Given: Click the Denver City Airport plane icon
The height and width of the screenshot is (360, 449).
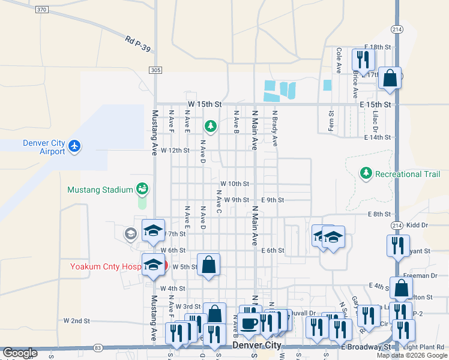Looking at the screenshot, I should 74,146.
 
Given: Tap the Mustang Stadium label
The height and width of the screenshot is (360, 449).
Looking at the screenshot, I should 100,190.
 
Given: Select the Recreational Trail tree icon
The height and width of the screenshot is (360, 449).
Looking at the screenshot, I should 366,173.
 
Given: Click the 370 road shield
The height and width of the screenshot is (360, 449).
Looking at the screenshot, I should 41,10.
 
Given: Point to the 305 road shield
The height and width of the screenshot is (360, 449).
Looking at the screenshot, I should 155,70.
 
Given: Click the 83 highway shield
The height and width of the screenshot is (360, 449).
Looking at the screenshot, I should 97,347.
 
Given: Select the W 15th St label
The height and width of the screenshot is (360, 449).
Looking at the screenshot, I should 205,104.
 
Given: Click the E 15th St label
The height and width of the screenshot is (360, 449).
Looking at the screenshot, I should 376,104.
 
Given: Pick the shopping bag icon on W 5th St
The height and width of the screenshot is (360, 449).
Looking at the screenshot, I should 208,265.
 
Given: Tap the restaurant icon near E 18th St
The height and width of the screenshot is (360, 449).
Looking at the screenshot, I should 363,59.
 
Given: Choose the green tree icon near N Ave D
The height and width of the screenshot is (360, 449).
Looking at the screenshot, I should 210,126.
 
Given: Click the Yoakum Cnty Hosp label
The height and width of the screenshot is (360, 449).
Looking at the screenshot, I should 106,266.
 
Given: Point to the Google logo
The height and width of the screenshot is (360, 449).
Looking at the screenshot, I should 20,353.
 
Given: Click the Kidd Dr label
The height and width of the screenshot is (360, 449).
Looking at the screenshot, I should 417,225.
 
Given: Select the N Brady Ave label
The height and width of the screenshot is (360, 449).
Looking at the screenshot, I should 275,128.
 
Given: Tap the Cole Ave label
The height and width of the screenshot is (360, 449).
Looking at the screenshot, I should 339,61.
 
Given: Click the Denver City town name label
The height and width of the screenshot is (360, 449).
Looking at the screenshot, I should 256,346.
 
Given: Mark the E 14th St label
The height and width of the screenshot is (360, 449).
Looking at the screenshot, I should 378,137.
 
